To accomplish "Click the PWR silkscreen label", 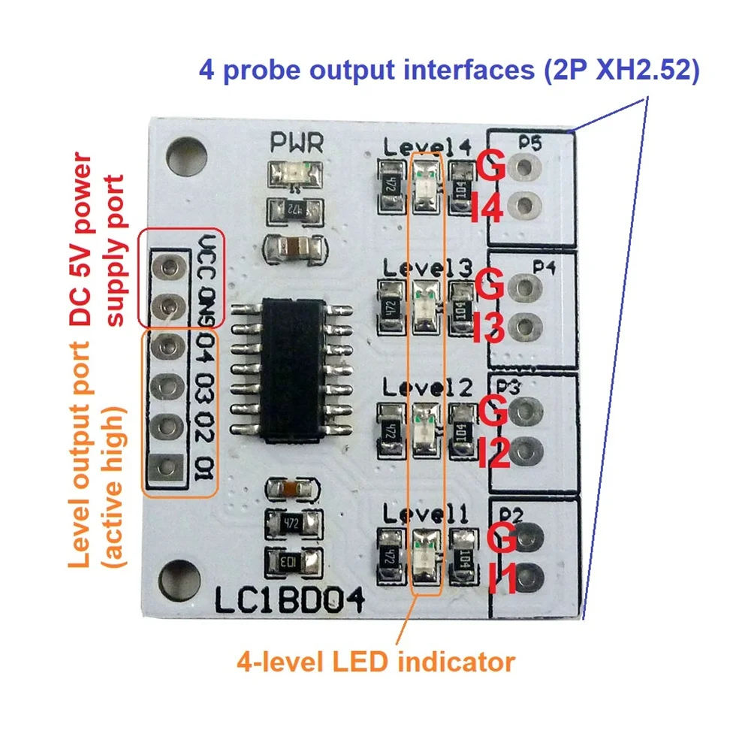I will (x=297, y=141).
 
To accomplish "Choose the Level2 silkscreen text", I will (x=426, y=388).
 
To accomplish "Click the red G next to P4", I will (x=490, y=288).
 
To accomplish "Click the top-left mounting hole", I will (x=182, y=152).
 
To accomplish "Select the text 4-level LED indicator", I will (x=375, y=662).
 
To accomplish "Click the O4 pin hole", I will (x=168, y=347).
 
